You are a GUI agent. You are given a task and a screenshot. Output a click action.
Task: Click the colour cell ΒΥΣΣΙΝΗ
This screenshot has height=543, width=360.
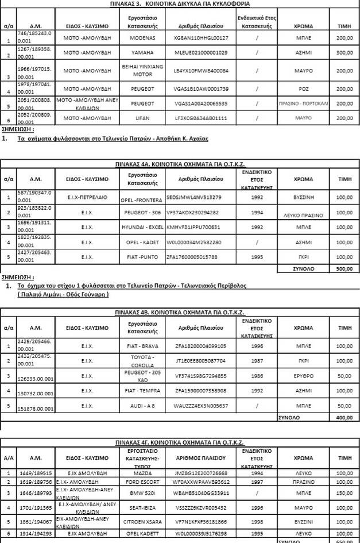pos(303,197)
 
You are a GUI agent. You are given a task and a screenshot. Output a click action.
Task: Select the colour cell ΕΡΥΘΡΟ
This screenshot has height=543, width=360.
pos(303,376)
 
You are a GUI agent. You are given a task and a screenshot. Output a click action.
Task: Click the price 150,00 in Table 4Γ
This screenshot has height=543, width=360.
pos(344,493)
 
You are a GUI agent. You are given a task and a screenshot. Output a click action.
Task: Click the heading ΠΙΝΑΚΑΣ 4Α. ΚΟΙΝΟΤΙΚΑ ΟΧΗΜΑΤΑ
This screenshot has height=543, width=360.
pos(180,163)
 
